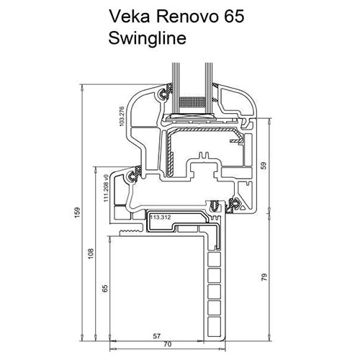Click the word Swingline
[x=148, y=37]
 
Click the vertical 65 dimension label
[x=105, y=289]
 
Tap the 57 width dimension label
[x=156, y=336]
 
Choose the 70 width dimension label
[x=167, y=344]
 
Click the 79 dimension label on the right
[x=264, y=276]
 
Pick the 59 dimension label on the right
[x=264, y=165]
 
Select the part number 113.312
[x=162, y=215]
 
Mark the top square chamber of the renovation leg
[x=212, y=257]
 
